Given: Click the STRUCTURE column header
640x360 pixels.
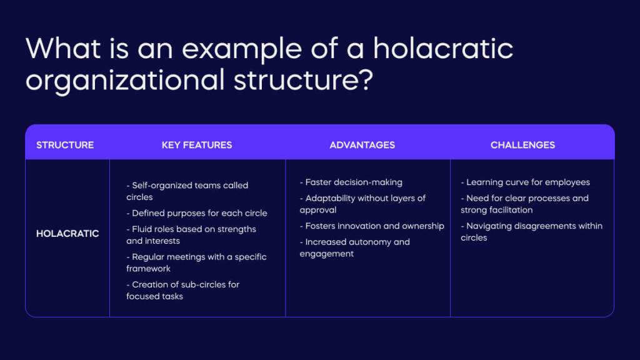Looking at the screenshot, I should click(x=65, y=145).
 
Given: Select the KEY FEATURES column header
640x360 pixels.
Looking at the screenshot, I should click(x=197, y=145).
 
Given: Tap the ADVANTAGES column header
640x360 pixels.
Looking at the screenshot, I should click(x=362, y=145).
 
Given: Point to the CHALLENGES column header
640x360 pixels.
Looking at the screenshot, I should click(x=522, y=145).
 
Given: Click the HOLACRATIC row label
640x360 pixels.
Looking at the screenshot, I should click(x=67, y=234).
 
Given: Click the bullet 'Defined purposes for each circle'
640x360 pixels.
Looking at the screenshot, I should click(x=199, y=213).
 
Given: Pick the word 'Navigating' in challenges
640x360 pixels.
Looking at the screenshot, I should click(x=492, y=226).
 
